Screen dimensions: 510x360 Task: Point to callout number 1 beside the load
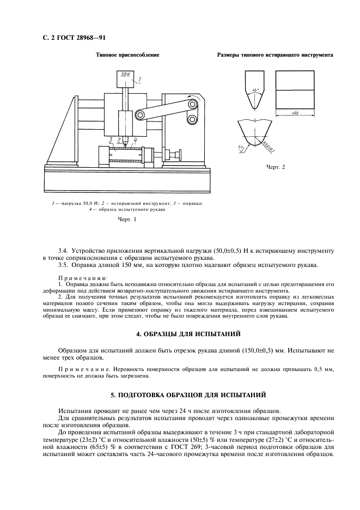pos(140,80)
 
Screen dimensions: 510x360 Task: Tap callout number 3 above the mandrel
pos(111,140)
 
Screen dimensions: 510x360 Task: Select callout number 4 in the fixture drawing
pos(135,140)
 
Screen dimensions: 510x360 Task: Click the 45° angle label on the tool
pos(254,89)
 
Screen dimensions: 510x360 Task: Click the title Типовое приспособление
pos(127,55)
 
